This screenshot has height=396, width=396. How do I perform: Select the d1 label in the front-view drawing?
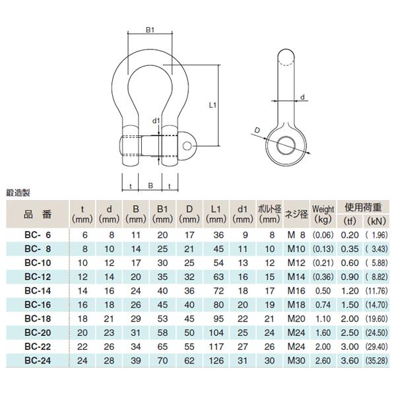tap(156, 121)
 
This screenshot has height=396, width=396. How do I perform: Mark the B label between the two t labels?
tap(150, 187)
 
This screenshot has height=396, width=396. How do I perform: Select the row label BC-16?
tap(37, 304)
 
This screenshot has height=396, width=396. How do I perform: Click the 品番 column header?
tap(37, 214)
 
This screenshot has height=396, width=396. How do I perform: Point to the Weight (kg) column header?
tap(323, 214)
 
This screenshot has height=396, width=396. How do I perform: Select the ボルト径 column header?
tap(269, 214)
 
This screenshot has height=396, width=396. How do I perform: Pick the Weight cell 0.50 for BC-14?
tap(323, 292)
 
